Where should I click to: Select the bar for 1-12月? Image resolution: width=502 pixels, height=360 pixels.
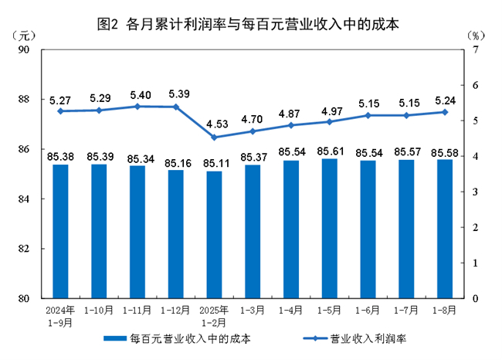[176, 233]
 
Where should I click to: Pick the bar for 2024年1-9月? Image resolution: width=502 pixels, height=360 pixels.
[60, 231]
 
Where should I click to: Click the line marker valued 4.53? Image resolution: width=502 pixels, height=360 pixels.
[215, 138]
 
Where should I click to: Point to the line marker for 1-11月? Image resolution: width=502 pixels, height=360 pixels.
[137, 106]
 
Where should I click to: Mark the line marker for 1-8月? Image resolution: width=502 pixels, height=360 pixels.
[445, 112]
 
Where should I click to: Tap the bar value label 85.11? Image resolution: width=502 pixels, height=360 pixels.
[215, 164]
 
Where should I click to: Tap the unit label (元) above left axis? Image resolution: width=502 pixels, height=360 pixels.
[25, 35]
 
